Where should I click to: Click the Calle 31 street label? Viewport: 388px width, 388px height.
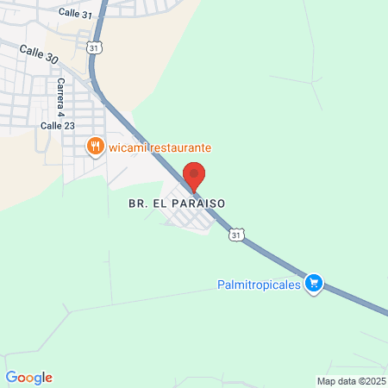[76, 13]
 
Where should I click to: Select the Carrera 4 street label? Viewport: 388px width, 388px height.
[60, 97]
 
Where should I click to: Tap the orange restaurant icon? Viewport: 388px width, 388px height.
[96, 147]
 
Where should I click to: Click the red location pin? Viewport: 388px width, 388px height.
[195, 175]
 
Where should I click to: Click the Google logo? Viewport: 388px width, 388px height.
[28, 377]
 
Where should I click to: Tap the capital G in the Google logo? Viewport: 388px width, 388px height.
[11, 377]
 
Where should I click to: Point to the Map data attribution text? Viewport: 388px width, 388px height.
[352, 380]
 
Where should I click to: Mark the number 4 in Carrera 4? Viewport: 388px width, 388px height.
[60, 112]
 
